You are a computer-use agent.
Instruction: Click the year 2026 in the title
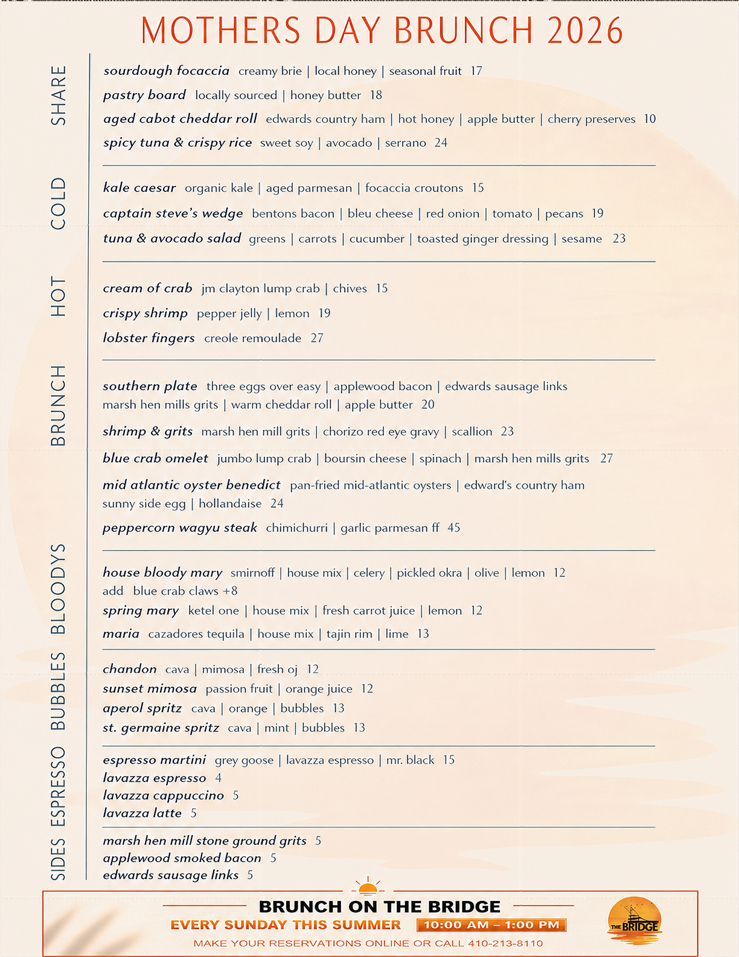coord(585,31)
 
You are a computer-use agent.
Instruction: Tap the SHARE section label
coord(59,95)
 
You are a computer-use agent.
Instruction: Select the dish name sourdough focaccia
coord(166,71)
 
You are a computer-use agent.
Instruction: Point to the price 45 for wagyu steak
coord(453,527)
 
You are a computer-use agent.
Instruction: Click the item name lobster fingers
coord(149,338)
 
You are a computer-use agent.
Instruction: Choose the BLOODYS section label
coord(58,588)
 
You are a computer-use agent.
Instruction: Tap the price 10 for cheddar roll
coord(650,118)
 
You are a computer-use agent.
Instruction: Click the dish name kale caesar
coord(139,188)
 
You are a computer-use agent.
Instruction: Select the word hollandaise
coord(230,503)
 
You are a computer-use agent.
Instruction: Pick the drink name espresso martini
coord(154,759)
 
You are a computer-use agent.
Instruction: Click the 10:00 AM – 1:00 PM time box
coord(491,924)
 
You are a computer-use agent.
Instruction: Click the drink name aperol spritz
coord(142,708)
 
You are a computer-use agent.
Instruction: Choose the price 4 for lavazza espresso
coord(218,778)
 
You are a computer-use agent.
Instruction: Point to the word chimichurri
coord(296,527)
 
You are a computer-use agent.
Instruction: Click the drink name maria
coord(121,634)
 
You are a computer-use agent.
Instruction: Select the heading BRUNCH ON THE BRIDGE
coord(379,906)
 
